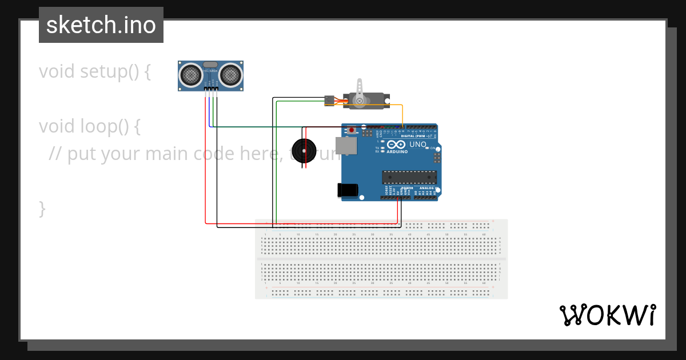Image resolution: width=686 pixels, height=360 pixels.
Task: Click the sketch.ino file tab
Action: click(101, 25)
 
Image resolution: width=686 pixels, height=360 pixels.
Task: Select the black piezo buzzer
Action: click(303, 151)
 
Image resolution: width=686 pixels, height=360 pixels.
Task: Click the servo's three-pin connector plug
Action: click(329, 100)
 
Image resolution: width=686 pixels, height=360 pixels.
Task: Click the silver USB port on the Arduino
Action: click(346, 146)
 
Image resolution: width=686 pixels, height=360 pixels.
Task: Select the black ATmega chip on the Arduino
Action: click(409, 178)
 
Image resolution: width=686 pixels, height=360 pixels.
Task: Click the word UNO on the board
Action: click(418, 145)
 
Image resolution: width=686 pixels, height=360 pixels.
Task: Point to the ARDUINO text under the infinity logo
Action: click(397, 152)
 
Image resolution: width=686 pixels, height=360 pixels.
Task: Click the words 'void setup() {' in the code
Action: click(95, 72)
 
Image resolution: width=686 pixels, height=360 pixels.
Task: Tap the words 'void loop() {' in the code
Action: click(89, 126)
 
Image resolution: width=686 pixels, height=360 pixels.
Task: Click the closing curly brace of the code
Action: click(42, 209)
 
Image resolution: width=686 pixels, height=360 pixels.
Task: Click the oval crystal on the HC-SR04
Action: click(210, 65)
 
